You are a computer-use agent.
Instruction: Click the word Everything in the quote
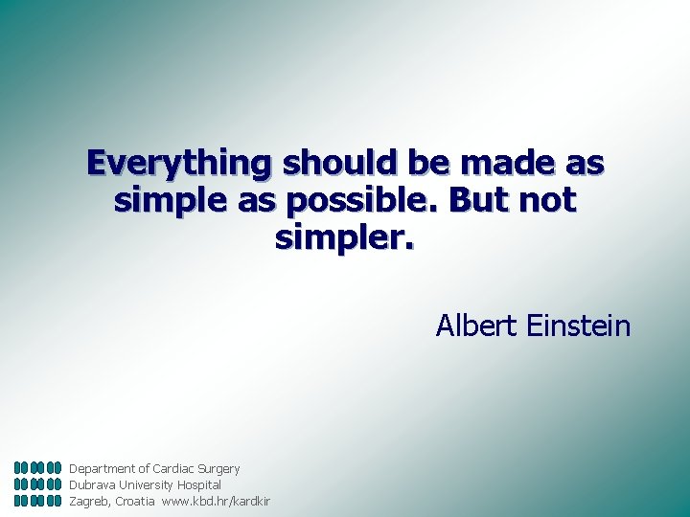coord(179,163)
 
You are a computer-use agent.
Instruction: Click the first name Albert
coord(477,326)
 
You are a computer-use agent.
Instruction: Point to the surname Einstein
coord(579,326)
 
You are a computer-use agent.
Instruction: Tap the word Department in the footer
coord(103,469)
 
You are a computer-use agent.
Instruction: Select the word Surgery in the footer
coord(218,469)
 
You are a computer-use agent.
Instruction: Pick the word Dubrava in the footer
coord(91,485)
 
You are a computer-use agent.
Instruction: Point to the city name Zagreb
coord(89,501)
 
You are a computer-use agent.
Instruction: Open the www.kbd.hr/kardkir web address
coord(216,501)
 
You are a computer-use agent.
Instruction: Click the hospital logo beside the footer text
coord(38,484)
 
